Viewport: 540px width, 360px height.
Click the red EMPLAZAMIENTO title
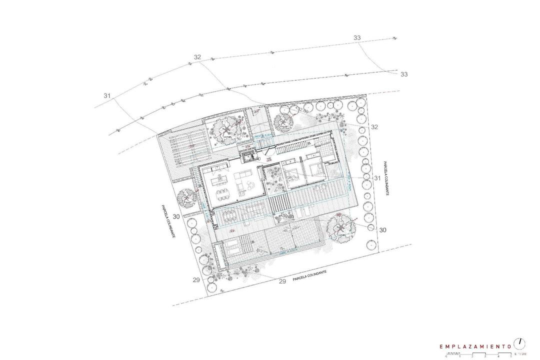(x=474, y=346)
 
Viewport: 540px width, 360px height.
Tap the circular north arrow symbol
(x=520, y=343)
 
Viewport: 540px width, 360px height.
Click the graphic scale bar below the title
(x=477, y=354)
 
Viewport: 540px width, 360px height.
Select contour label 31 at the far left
(x=106, y=95)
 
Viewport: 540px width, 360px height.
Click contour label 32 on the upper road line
(x=197, y=57)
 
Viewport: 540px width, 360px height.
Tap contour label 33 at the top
(x=356, y=38)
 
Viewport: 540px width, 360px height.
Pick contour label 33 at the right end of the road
(x=404, y=74)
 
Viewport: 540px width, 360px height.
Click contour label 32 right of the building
(x=374, y=127)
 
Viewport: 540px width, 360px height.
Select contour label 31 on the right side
(x=377, y=178)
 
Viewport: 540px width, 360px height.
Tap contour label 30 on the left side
(x=176, y=216)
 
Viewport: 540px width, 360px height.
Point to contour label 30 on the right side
(x=383, y=230)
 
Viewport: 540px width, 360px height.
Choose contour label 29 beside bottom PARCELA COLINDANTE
(x=282, y=281)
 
